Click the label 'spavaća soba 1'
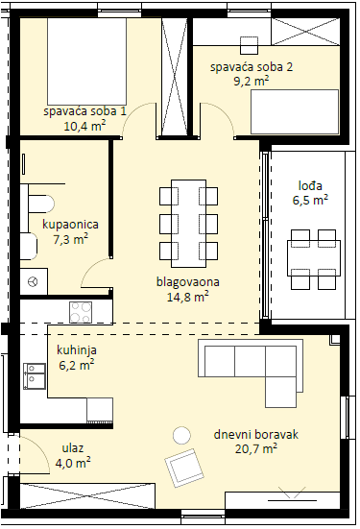pyautogui.click(x=84, y=111)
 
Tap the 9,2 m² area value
pyautogui.click(x=252, y=81)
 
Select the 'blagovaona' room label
pyautogui.click(x=188, y=281)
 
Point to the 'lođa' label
pyautogui.click(x=310, y=186)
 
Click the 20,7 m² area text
pyautogui.click(x=256, y=448)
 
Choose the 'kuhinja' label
pyautogui.click(x=77, y=350)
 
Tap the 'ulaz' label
pyautogui.click(x=73, y=448)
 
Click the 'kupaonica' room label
pyautogui.click(x=70, y=225)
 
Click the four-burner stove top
pyautogui.click(x=81, y=312)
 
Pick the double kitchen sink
pyautogui.click(x=35, y=376)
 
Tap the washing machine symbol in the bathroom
pyautogui.click(x=34, y=281)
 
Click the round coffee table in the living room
pyautogui.click(x=181, y=435)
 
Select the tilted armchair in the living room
pyautogui.click(x=184, y=468)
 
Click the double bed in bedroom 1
pyautogui.click(x=87, y=61)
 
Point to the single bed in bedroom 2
pyautogui.click(x=295, y=111)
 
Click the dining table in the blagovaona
pyautogui.click(x=188, y=224)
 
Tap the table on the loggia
pyautogui.click(x=314, y=258)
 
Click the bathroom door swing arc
pyautogui.click(x=88, y=267)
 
